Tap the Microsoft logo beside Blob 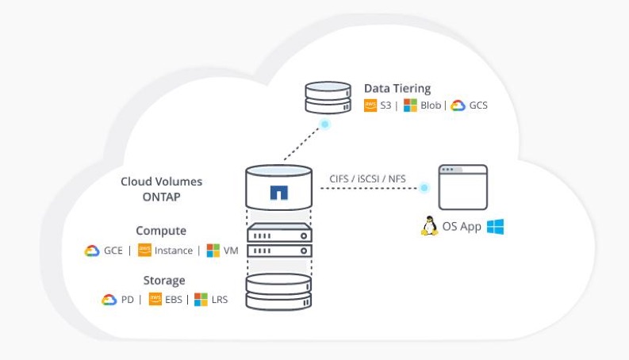pyautogui.click(x=409, y=105)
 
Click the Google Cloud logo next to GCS pyautogui.click(x=458, y=105)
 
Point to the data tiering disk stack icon pyautogui.click(x=328, y=97)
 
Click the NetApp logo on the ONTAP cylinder pyautogui.click(x=278, y=193)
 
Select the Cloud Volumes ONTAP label pyautogui.click(x=161, y=189)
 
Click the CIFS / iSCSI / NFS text pyautogui.click(x=367, y=178)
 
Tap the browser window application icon pyautogui.click(x=463, y=187)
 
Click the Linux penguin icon pyautogui.click(x=428, y=227)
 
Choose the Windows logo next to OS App pyautogui.click(x=495, y=227)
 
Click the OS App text pyautogui.click(x=462, y=228)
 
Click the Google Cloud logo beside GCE pyautogui.click(x=92, y=251)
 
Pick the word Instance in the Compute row pyautogui.click(x=174, y=251)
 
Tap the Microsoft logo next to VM pyautogui.click(x=213, y=251)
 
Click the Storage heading pyautogui.click(x=164, y=280)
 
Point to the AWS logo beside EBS pyautogui.click(x=155, y=300)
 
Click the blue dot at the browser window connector pyautogui.click(x=425, y=188)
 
